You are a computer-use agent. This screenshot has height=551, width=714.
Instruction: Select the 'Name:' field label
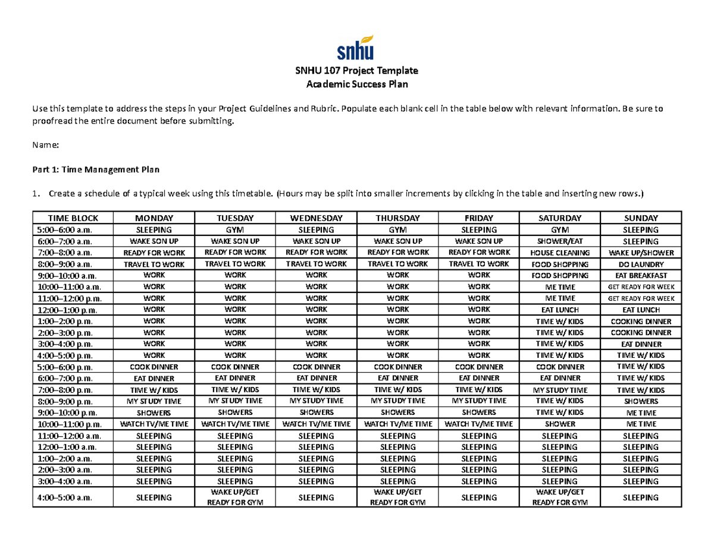click(45, 144)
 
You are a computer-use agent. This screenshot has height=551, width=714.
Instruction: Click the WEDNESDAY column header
click(316, 218)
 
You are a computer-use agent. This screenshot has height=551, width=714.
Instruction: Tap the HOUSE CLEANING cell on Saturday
click(559, 253)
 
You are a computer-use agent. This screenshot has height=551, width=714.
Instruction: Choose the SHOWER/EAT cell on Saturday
click(559, 241)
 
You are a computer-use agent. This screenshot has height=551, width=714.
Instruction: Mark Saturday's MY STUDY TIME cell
click(559, 390)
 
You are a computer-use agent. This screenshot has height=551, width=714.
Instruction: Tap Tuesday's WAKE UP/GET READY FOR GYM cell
click(235, 497)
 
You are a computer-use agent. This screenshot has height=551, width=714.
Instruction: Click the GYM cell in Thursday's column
click(397, 229)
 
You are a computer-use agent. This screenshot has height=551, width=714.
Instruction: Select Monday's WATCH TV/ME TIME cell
click(154, 424)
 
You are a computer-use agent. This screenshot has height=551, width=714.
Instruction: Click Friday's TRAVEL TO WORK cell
click(478, 264)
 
